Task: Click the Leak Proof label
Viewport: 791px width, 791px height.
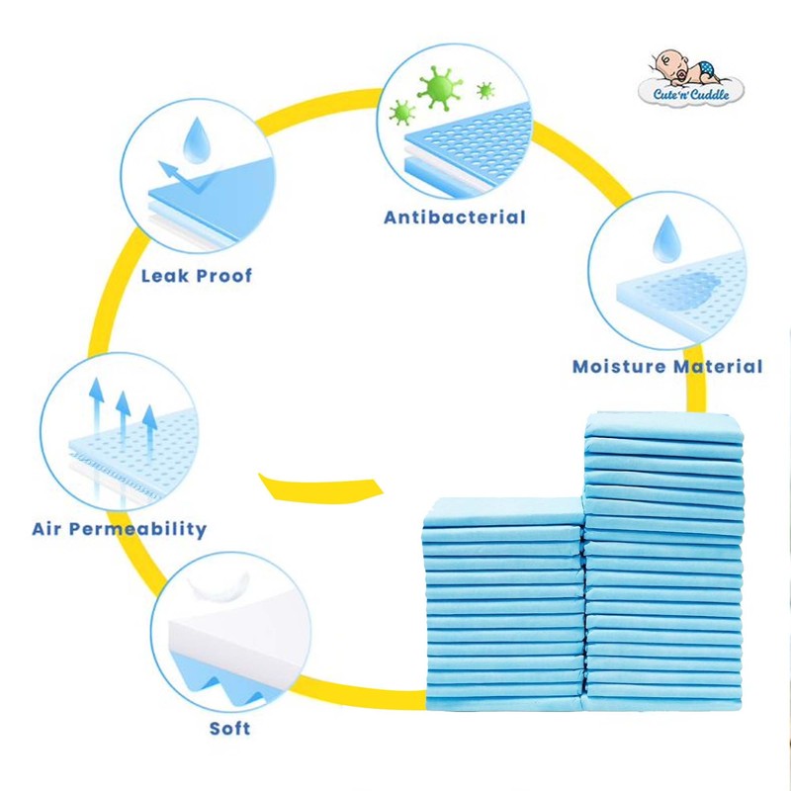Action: pyautogui.click(x=196, y=275)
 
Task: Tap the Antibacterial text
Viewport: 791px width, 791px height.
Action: pyautogui.click(x=455, y=217)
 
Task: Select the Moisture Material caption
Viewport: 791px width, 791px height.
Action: pyautogui.click(x=667, y=367)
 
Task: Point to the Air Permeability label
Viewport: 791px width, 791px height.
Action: pyautogui.click(x=119, y=528)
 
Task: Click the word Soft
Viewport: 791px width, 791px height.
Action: pyautogui.click(x=229, y=729)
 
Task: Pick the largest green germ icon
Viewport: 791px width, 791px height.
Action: pyautogui.click(x=440, y=87)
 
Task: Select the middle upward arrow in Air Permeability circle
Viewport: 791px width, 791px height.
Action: pyautogui.click(x=123, y=414)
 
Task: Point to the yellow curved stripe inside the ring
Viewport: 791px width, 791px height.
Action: pyautogui.click(x=322, y=487)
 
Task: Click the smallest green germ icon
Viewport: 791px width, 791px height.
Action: pyautogui.click(x=485, y=91)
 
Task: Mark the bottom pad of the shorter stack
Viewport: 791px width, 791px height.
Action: pyautogui.click(x=502, y=702)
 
